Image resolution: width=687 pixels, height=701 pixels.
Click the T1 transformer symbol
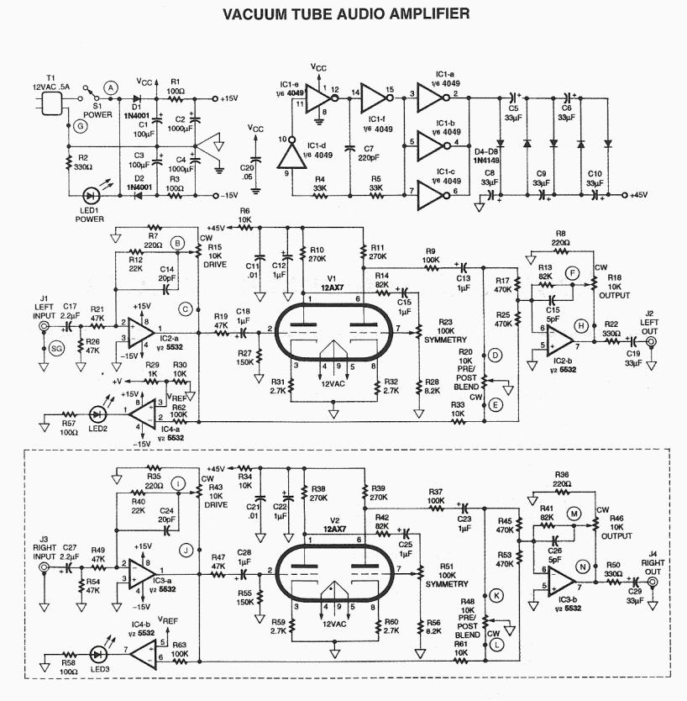point(53,104)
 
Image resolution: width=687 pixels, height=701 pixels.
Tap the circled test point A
point(110,87)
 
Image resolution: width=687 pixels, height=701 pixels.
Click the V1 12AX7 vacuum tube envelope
point(334,330)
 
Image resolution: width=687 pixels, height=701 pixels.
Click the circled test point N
point(579,567)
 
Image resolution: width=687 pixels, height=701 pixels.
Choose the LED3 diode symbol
point(103,652)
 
